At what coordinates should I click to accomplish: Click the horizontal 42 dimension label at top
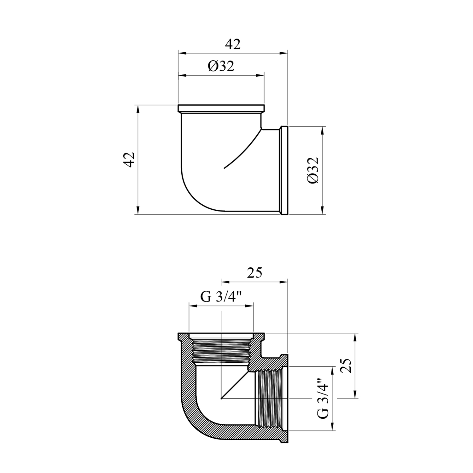tap(233, 44)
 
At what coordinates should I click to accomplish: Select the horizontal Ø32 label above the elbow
tap(221, 66)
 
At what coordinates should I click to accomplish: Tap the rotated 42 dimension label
tap(129, 160)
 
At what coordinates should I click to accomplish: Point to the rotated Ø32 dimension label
tap(313, 170)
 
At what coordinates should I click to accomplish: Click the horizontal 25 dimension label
tap(254, 273)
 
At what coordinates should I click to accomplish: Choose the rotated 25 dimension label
tap(346, 365)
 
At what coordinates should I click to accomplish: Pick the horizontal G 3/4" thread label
tap(221, 297)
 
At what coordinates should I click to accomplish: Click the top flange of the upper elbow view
tap(221, 109)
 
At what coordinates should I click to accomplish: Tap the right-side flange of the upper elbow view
tap(284, 170)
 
